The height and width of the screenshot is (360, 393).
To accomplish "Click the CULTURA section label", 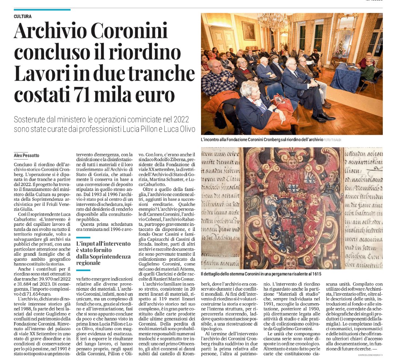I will click(x=23, y=16).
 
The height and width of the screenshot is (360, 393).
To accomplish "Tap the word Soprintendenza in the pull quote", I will click(x=112, y=256).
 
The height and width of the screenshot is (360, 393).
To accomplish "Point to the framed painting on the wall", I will click(x=249, y=31).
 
